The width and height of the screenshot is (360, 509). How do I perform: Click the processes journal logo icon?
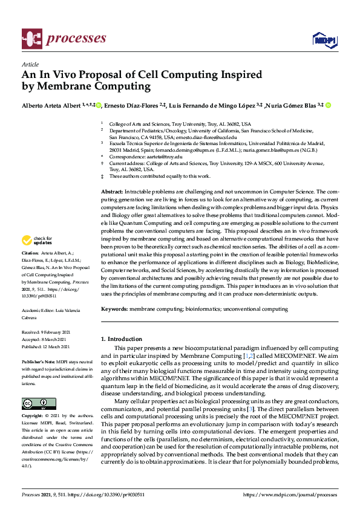(x=31, y=39)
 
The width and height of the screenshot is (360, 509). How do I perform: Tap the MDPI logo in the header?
(x=324, y=39)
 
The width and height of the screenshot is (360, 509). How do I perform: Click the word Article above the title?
(x=30, y=64)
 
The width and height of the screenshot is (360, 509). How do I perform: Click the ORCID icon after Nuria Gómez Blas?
(x=329, y=105)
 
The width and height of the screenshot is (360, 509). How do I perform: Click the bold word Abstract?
(x=111, y=191)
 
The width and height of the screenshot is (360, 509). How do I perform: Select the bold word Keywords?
(x=115, y=309)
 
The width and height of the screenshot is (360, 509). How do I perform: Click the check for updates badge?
(x=38, y=241)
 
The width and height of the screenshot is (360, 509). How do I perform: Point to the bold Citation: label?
(x=30, y=252)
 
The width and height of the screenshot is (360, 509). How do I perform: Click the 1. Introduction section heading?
(x=122, y=339)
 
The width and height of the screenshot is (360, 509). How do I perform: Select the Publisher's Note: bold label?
(x=40, y=360)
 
